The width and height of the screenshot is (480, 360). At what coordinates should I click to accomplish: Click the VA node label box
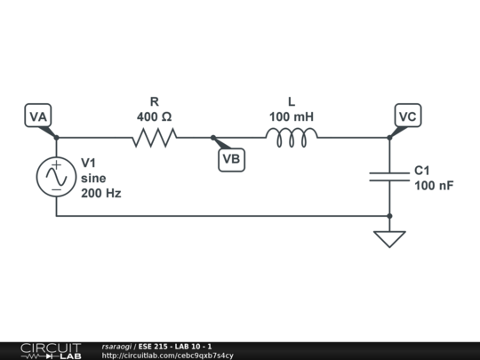tap(38, 116)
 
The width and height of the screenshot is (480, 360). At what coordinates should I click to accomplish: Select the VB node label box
tap(231, 159)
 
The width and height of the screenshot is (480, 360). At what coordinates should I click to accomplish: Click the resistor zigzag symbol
tap(155, 137)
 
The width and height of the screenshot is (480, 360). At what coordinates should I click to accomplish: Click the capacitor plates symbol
tap(389, 176)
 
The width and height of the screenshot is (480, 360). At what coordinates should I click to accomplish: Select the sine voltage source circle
tap(56, 177)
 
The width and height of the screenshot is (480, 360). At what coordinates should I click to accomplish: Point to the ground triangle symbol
tap(389, 238)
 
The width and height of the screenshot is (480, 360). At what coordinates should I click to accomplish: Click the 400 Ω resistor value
tap(155, 116)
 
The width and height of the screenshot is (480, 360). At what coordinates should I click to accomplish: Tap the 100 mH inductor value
tap(292, 116)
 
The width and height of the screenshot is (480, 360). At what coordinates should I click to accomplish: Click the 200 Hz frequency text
tap(100, 193)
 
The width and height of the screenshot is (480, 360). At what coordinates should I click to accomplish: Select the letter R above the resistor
tap(155, 102)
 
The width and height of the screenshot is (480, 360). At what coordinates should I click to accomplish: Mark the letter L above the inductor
tap(292, 102)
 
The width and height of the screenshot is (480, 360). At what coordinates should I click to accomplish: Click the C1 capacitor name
tap(422, 170)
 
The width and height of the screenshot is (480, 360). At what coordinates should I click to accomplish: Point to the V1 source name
tap(90, 164)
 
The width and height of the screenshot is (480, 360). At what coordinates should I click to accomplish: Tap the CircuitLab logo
tap(50, 350)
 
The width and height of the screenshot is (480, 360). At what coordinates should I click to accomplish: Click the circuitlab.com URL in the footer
tap(168, 356)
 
